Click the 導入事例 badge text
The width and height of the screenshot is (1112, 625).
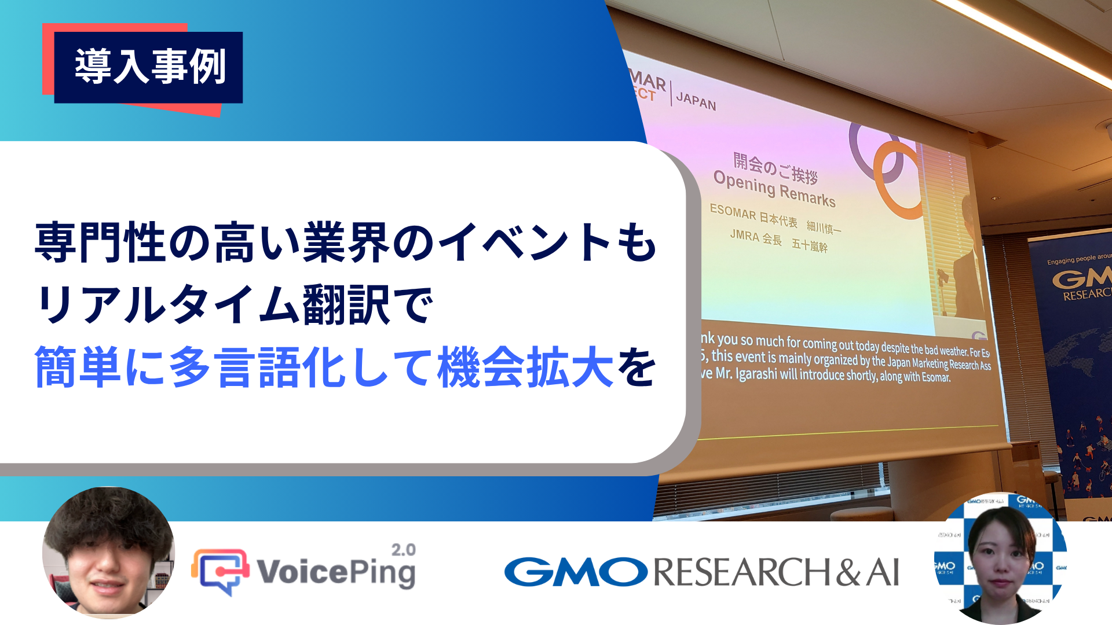(x=149, y=67)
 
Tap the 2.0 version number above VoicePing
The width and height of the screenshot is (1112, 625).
(x=403, y=550)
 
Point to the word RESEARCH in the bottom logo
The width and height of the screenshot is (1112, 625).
(x=741, y=572)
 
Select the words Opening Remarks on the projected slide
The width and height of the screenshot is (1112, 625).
(x=774, y=189)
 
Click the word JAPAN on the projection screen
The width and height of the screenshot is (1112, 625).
(x=696, y=101)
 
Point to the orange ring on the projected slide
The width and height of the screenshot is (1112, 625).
(x=895, y=179)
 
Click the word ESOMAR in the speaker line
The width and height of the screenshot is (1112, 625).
(x=733, y=212)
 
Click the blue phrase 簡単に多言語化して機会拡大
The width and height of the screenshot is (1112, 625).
(x=324, y=367)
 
